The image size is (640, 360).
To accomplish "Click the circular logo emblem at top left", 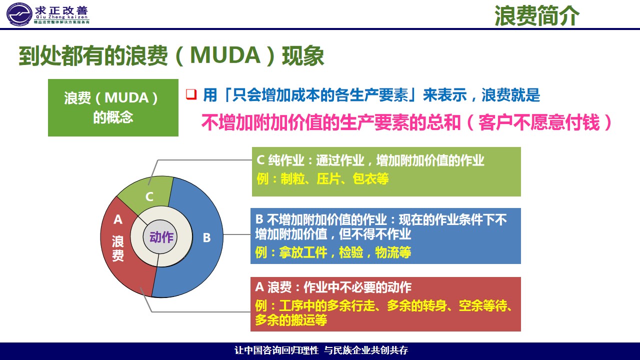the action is click(19, 14).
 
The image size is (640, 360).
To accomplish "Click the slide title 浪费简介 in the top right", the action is click(537, 15).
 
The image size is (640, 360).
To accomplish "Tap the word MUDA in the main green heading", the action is click(225, 55).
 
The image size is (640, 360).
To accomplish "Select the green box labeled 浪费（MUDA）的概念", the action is click(113, 107).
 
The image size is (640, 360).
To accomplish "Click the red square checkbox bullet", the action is click(191, 94).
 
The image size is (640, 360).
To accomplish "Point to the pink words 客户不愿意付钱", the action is click(539, 122).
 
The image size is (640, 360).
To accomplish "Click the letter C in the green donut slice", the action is click(149, 196).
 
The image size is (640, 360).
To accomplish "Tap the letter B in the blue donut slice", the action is click(206, 237).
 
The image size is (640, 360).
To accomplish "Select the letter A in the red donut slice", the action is click(118, 219).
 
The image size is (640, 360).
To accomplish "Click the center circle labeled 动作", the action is click(160, 237).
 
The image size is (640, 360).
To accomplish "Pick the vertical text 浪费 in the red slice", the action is click(117, 248).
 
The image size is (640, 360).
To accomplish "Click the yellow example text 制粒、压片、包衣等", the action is click(334, 179).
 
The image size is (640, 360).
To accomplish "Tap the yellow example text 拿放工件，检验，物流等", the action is click(345, 252).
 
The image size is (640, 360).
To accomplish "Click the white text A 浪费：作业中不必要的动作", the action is click(333, 287).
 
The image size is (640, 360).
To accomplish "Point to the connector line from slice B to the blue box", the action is click(237, 234).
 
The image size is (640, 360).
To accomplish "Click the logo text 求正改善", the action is click(61, 11).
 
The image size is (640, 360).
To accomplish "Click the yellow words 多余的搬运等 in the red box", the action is click(291, 320).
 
